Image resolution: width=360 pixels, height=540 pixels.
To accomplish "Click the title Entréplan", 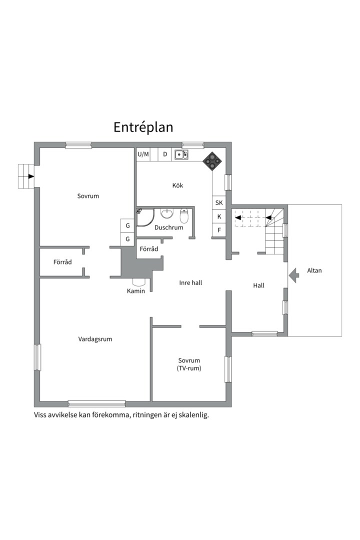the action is pyautogui.click(x=143, y=127).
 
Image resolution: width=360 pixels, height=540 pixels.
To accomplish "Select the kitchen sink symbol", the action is pyautogui.click(x=181, y=154).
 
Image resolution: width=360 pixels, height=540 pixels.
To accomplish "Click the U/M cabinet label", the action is pyautogui.click(x=143, y=154).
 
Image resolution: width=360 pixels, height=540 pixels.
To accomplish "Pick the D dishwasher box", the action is pyautogui.click(x=165, y=154).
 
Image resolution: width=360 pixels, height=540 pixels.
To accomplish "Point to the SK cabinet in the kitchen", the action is pyautogui.click(x=219, y=203).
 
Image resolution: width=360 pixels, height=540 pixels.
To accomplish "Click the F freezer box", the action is pyautogui.click(x=219, y=230).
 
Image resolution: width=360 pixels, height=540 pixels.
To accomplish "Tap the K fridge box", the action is pyautogui.click(x=219, y=216).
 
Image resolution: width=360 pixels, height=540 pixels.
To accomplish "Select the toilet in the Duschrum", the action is pyautogui.click(x=184, y=215).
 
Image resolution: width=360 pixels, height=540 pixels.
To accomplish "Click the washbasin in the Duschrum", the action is pyautogui.click(x=167, y=213).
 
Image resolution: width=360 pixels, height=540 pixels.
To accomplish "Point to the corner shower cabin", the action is pyautogui.click(x=145, y=217).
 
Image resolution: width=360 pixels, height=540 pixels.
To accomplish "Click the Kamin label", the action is pyautogui.click(x=135, y=291).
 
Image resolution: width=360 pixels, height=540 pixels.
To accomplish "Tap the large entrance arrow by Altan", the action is pyautogui.click(x=294, y=275).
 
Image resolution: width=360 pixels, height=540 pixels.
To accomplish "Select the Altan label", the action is pyautogui.click(x=314, y=270).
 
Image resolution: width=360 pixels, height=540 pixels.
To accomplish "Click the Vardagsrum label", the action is pyautogui.click(x=95, y=339).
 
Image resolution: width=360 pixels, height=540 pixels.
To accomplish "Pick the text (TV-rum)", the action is pyautogui.click(x=189, y=368).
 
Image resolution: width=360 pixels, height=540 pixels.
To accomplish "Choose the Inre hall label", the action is pyautogui.click(x=190, y=282).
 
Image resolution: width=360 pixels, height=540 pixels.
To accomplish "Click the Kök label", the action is pyautogui.click(x=178, y=185).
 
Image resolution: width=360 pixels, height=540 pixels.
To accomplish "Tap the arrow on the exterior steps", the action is pyautogui.click(x=31, y=176).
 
